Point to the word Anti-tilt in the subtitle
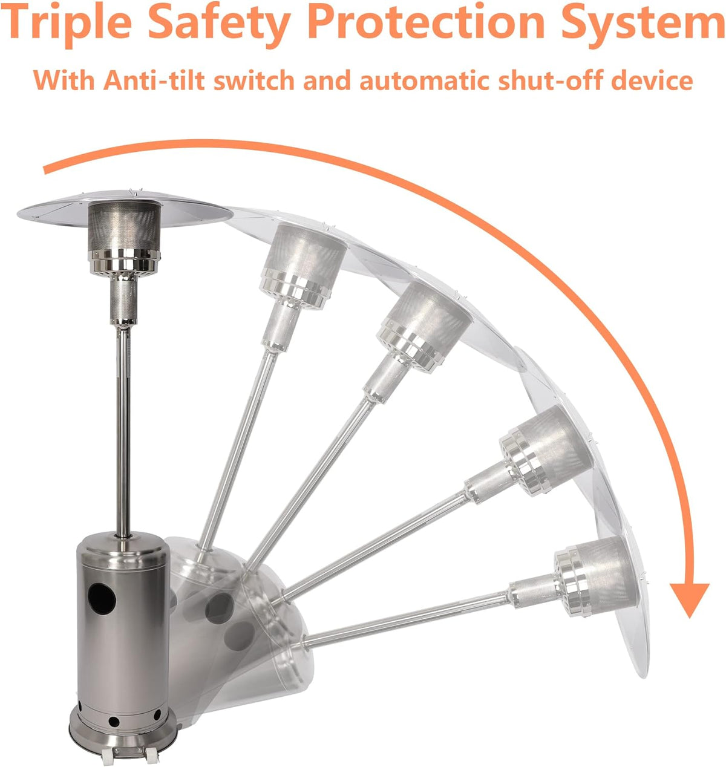click(x=154, y=80)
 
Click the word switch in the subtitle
click(x=253, y=80)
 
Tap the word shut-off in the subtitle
click(x=550, y=80)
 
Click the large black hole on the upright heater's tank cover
click(x=102, y=599)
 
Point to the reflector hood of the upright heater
click(x=125, y=209)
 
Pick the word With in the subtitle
click(x=64, y=80)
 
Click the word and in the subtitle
click(x=327, y=80)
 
